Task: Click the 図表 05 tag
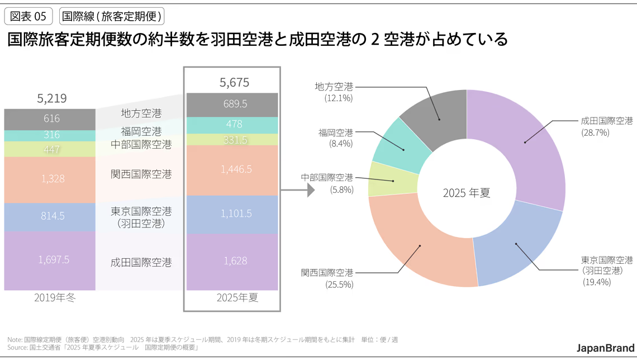click(28, 16)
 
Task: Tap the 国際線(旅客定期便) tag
click(112, 16)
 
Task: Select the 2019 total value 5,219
click(52, 99)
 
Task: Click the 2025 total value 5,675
click(234, 83)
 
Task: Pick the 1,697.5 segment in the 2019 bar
click(50, 260)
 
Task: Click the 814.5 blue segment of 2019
click(50, 217)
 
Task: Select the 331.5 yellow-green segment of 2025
click(232, 139)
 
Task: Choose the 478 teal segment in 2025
click(232, 125)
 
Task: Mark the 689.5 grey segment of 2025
click(232, 105)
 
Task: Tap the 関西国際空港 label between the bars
click(141, 174)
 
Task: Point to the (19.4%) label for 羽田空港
click(596, 282)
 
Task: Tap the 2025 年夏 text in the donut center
click(467, 193)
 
